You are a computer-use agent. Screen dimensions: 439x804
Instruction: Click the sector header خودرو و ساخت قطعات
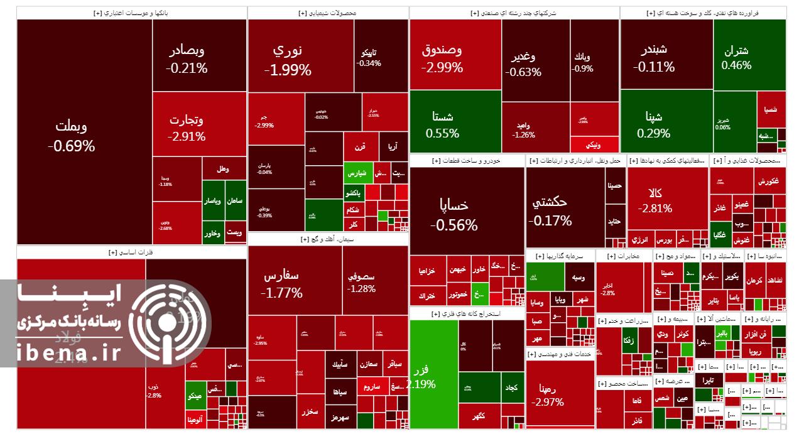[x=467, y=161]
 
